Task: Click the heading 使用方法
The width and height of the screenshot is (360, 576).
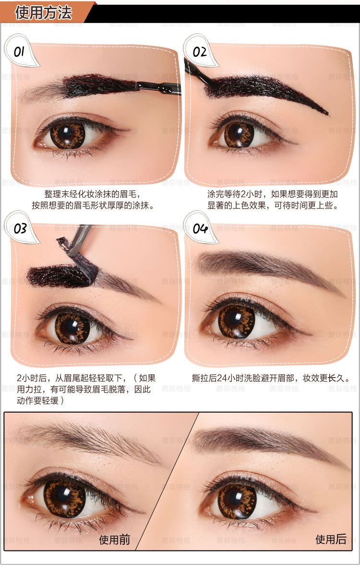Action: [x=43, y=13]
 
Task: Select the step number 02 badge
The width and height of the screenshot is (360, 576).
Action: [x=200, y=51]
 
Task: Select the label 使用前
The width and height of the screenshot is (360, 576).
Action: [x=115, y=539]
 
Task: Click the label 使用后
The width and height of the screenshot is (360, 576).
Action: [x=331, y=539]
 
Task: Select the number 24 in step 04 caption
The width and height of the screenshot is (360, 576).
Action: [x=222, y=378]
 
